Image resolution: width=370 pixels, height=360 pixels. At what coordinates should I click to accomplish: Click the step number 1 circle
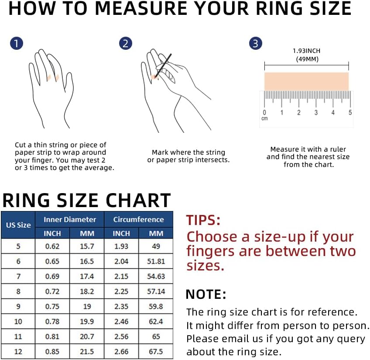click(16, 44)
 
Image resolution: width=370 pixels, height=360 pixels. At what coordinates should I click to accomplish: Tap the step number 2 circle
click(125, 44)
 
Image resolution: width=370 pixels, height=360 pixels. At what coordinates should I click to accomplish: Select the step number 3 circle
click(256, 44)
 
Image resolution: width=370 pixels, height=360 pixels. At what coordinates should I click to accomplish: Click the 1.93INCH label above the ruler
click(306, 51)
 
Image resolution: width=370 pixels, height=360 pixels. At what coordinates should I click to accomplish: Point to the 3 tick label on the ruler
click(316, 113)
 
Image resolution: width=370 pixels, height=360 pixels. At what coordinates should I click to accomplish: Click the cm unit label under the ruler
click(264, 119)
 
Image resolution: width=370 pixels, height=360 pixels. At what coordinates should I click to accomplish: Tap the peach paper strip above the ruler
click(306, 81)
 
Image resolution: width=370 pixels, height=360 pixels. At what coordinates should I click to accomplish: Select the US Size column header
click(18, 225)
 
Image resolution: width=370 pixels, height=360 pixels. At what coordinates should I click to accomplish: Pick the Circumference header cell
click(138, 220)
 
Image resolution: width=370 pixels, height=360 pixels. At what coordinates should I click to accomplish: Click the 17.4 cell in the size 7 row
click(87, 277)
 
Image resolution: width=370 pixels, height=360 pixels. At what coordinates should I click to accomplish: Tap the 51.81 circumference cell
click(156, 261)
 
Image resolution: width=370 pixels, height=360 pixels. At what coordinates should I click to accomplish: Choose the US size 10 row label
click(18, 322)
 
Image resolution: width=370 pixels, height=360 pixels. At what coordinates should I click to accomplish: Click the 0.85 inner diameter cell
click(52, 352)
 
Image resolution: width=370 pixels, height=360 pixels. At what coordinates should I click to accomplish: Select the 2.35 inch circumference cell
click(121, 307)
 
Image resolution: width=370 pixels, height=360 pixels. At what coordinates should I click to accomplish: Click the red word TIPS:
click(203, 220)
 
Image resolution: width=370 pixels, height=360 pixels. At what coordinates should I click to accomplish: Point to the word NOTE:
click(206, 294)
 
